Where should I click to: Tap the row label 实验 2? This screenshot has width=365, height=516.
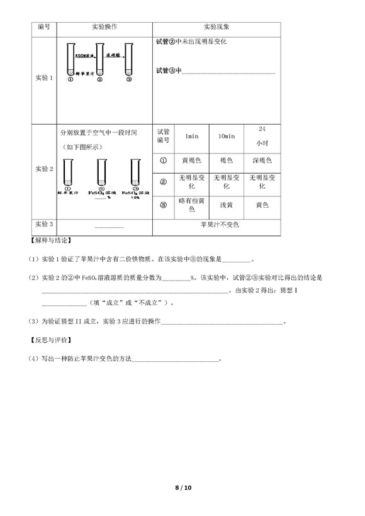coord(43,169)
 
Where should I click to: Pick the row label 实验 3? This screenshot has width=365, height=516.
coord(43,224)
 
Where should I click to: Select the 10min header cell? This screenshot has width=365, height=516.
coord(227,137)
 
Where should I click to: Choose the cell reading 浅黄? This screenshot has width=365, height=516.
coord(227,205)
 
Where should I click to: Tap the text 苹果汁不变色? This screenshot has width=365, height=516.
coord(220,224)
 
